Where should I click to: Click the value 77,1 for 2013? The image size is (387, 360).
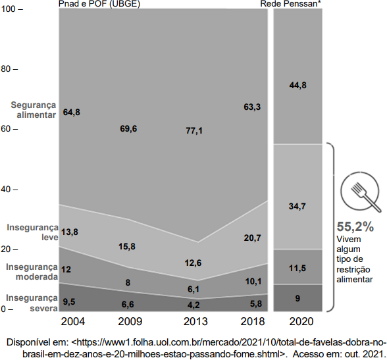point(194,130)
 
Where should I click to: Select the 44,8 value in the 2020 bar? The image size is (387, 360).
point(298,86)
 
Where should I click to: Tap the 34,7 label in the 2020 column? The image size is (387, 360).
point(297,206)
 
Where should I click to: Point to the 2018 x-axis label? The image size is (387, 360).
point(253,322)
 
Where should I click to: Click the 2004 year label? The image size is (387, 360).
point(73,322)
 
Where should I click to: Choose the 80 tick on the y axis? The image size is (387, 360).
point(10,69)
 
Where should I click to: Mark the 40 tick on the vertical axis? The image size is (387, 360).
point(10,190)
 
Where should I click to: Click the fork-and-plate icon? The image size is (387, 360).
point(361,192)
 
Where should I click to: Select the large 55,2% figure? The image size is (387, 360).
point(355,226)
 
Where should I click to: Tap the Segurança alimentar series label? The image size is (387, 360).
point(34,110)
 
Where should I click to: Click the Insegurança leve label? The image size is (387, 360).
point(33,232)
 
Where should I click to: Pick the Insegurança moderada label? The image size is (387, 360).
point(32,272)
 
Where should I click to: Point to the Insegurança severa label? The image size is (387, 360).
point(32,303)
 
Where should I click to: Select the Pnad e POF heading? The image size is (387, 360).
point(99,4)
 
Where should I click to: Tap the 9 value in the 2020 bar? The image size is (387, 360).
point(297,298)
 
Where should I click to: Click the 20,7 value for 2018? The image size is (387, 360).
point(252,238)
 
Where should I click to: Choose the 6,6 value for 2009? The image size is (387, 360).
point(128,304)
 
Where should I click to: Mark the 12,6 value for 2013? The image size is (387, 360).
point(193,263)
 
